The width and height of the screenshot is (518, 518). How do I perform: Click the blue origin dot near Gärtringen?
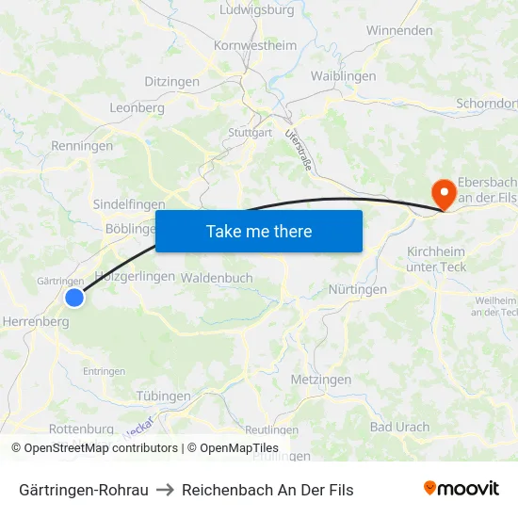[74, 298]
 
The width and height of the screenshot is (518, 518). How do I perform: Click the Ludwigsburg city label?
[256, 10]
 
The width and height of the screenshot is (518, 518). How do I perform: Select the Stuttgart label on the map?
[250, 133]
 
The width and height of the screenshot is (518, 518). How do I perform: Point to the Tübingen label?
[163, 397]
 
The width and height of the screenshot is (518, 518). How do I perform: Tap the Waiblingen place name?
[343, 76]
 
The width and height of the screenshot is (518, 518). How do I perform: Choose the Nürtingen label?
[357, 289]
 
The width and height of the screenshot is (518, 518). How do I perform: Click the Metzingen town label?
[321, 380]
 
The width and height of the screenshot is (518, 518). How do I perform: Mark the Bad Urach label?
[399, 427]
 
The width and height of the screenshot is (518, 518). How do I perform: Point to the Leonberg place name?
[137, 107]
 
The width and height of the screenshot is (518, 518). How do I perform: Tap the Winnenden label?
[398, 30]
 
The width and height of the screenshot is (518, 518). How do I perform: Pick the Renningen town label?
[82, 146]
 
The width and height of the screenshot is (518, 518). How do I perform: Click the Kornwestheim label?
[255, 45]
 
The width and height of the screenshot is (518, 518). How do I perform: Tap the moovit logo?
[461, 488]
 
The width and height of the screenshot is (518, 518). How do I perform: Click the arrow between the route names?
[165, 490]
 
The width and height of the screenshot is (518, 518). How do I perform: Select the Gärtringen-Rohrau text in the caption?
[84, 490]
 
